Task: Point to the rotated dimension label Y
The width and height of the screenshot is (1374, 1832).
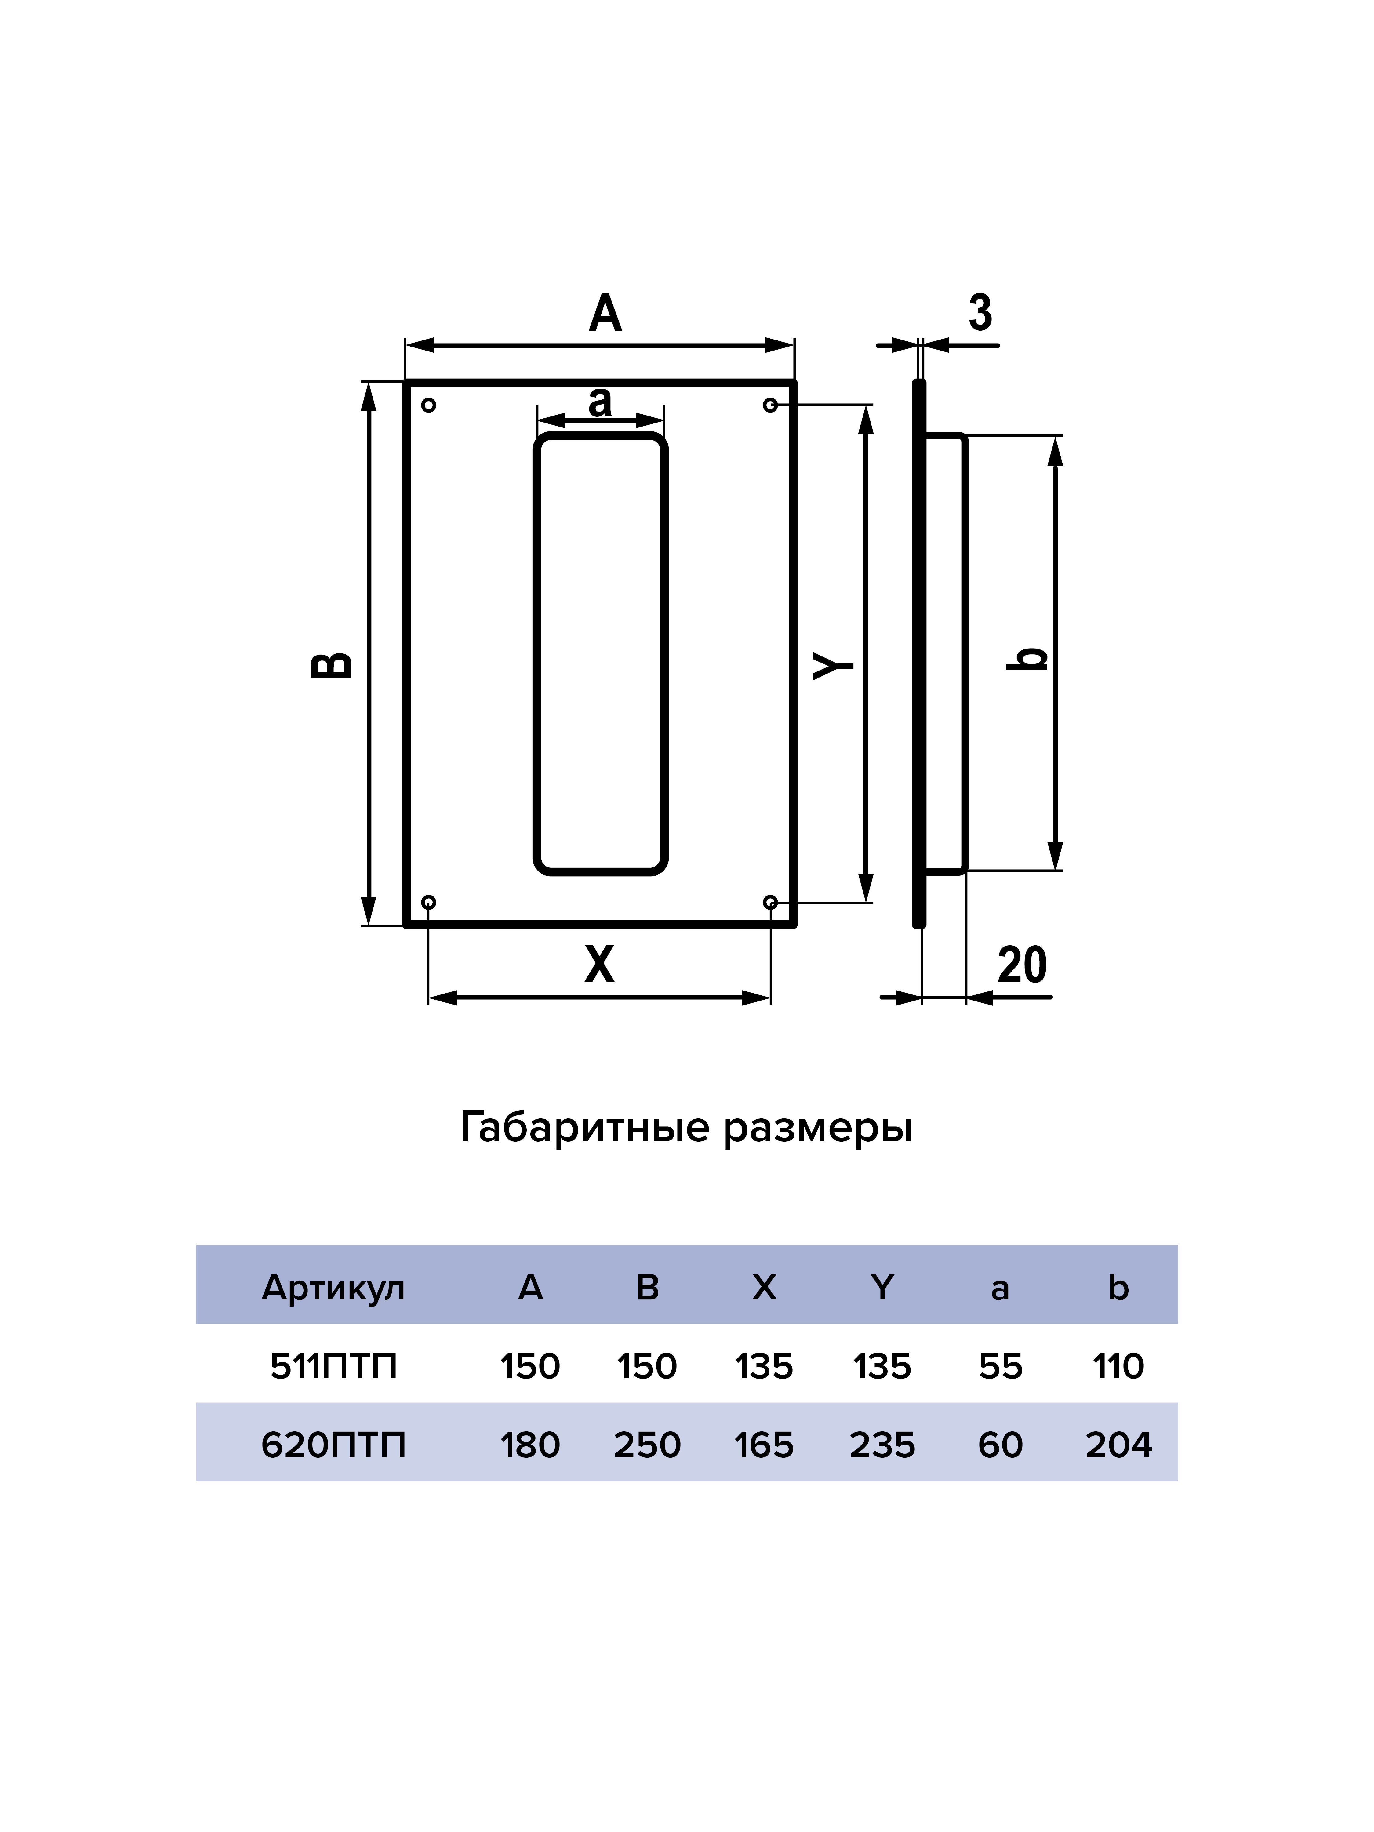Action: [833, 665]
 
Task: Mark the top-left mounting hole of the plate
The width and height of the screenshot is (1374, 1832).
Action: [428, 405]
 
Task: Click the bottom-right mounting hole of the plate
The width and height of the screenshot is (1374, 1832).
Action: [770, 902]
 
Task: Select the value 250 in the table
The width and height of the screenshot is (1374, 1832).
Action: [647, 1445]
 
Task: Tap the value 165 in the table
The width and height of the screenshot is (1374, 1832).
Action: [764, 1445]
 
